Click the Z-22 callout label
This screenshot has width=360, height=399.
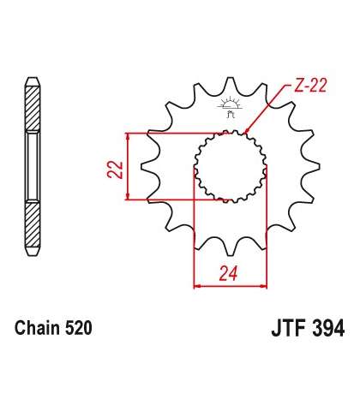[x=310, y=85]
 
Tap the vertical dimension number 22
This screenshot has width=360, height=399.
[x=115, y=170]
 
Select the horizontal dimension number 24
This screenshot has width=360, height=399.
[x=229, y=273]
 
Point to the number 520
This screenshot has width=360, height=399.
[x=79, y=328]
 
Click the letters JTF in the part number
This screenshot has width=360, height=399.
[x=289, y=328]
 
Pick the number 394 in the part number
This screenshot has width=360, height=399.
[x=328, y=328]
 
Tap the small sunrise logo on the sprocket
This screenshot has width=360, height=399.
[x=231, y=107]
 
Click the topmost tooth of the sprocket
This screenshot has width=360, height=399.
[x=231, y=83]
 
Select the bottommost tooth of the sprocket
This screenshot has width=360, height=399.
[x=231, y=249]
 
